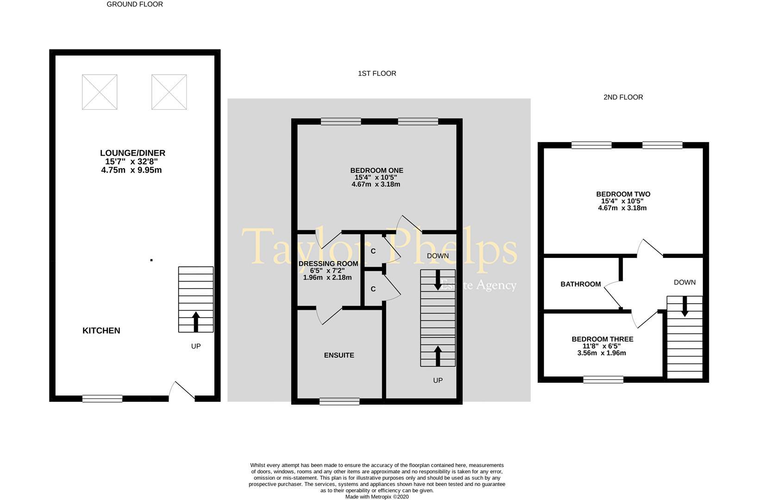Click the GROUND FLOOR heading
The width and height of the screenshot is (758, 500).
click(135, 4)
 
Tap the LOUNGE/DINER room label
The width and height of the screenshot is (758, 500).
click(132, 153)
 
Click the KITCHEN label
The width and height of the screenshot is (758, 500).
click(101, 331)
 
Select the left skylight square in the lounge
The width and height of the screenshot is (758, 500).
click(100, 92)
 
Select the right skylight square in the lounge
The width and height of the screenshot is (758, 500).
click(169, 92)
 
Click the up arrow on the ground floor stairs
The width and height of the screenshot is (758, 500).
click(196, 321)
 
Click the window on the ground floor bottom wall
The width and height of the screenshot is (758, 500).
click(102, 398)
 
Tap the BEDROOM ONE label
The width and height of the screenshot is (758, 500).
click(376, 170)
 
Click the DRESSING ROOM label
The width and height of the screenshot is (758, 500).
click(328, 264)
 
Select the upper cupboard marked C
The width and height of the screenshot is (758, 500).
click(373, 251)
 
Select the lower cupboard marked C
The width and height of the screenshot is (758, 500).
click(373, 289)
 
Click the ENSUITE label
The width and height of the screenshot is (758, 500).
click(339, 355)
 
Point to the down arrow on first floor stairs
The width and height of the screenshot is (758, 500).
click(438, 280)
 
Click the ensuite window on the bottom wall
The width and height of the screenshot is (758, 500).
click(339, 401)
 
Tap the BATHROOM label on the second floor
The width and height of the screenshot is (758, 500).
click(581, 284)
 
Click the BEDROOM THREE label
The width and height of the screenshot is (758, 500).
click(602, 339)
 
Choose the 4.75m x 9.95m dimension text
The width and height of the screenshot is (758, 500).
click(132, 170)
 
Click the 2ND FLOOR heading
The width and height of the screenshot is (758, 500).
click(623, 97)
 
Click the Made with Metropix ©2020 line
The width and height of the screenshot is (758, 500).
click(377, 497)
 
